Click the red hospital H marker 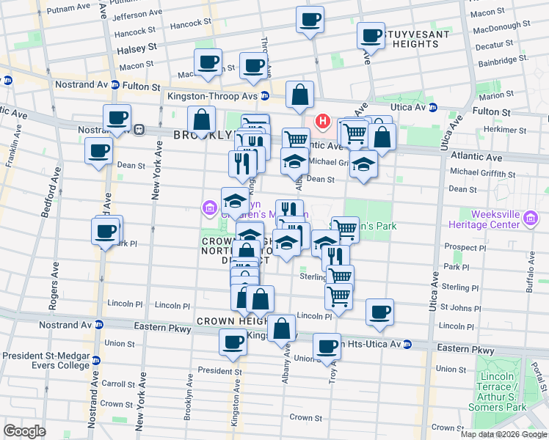pyautogui.click(x=321, y=121)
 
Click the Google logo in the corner pyautogui.click(x=24, y=431)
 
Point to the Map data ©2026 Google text pyautogui.click(x=503, y=434)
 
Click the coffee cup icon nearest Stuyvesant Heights pyautogui.click(x=371, y=36)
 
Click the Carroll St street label pyautogui.click(x=117, y=383)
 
